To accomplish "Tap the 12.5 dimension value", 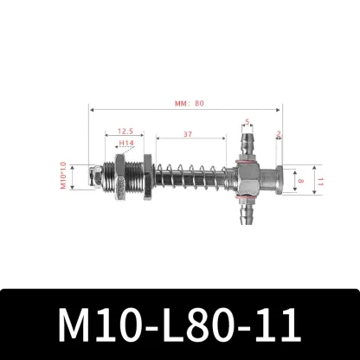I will pyautogui.click(x=125, y=131).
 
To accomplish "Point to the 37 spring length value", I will pyautogui.click(x=188, y=134).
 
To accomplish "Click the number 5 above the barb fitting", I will pyautogui.click(x=247, y=122).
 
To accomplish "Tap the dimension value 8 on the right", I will pyautogui.click(x=302, y=181).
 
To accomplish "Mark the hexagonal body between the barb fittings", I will pyautogui.click(x=247, y=179).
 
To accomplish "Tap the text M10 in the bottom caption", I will pyautogui.click(x=95, y=325).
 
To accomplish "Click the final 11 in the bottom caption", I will pyautogui.click(x=275, y=325).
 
